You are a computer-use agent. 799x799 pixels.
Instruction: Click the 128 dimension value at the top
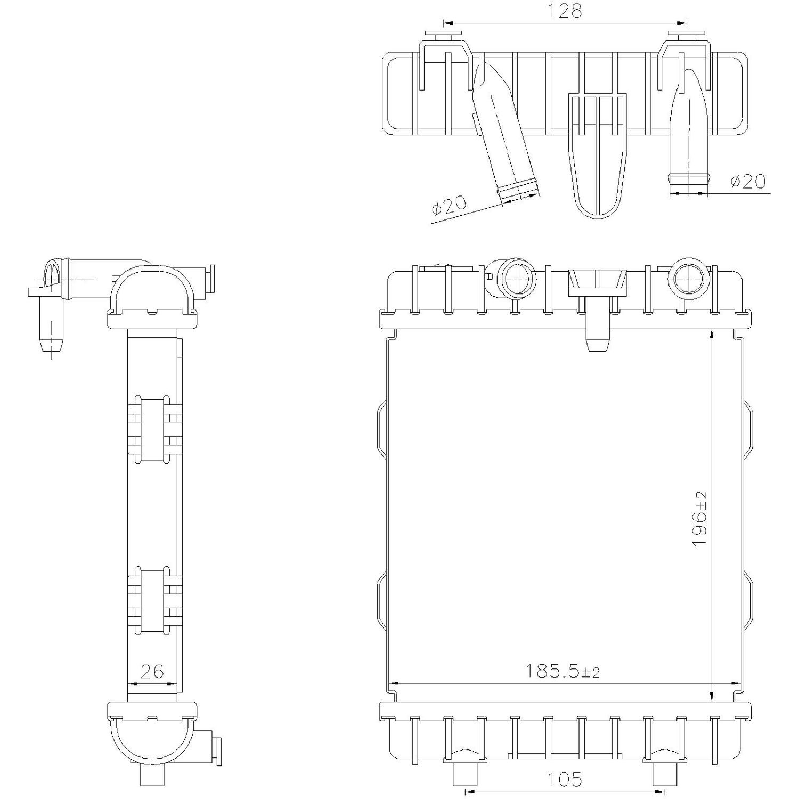point(564,11)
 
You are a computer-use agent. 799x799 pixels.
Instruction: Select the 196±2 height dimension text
point(699,518)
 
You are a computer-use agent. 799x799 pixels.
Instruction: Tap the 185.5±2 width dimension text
point(562,671)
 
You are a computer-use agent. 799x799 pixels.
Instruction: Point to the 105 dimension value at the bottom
point(564,780)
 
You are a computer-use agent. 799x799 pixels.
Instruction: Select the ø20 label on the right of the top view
point(747,182)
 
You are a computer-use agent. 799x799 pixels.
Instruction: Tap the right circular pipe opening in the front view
point(689,277)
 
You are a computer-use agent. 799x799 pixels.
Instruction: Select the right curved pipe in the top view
point(690,128)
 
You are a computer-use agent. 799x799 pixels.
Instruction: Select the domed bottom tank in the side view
point(152,738)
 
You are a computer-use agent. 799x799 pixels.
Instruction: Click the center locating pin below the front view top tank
point(597,336)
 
